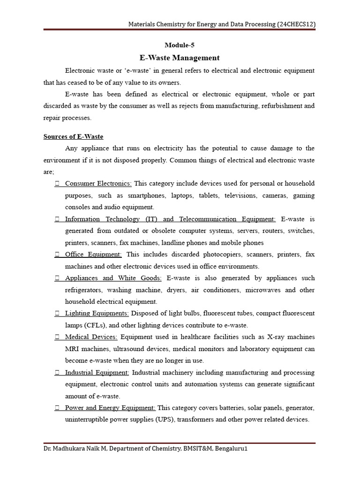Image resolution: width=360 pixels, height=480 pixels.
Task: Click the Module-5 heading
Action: [x=180, y=45]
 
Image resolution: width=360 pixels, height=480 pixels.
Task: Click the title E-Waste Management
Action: [x=180, y=58]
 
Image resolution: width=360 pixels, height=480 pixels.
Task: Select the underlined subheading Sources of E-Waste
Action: [x=73, y=136]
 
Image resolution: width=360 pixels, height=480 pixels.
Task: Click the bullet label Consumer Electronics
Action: [x=98, y=183]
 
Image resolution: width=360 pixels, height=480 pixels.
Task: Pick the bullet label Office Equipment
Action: [x=93, y=255]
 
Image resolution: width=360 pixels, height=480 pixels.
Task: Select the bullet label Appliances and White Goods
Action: [x=113, y=278]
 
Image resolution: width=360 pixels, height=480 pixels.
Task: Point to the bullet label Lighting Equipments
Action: [x=97, y=313]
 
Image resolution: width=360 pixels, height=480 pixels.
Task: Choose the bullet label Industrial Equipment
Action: [x=97, y=373]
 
